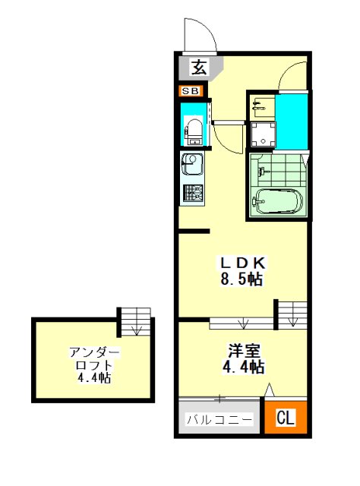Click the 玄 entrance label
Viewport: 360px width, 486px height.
[x=199, y=68]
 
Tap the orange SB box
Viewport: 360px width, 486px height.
[x=191, y=91]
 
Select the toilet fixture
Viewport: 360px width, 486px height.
[x=194, y=131]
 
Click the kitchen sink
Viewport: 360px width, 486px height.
[x=192, y=164]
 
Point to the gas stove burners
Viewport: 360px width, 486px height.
[x=193, y=193]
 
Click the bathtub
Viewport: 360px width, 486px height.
[x=277, y=201]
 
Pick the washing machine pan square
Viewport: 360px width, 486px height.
[x=263, y=135]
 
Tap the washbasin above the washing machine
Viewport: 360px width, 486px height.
[x=263, y=106]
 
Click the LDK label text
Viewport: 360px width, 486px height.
[x=242, y=264]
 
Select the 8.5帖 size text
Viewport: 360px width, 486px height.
[x=242, y=279]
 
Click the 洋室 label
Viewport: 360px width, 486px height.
[x=244, y=351]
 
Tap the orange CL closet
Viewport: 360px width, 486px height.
[x=286, y=417]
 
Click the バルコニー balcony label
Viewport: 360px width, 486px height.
[x=219, y=420]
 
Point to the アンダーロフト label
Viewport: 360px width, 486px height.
[x=94, y=358]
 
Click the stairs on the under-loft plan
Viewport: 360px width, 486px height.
[x=136, y=321]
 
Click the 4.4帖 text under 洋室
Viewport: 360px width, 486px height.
[x=243, y=368]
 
